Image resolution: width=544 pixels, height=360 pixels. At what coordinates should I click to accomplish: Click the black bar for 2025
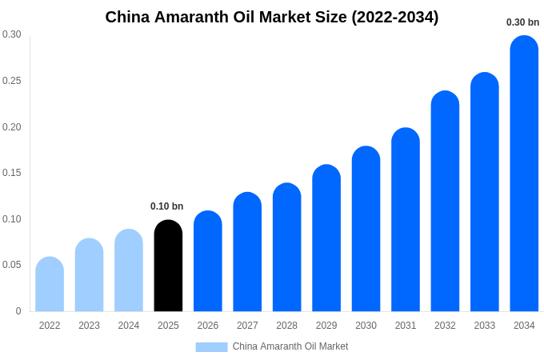(x=168, y=266)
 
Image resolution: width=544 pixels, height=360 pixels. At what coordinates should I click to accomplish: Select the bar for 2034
(x=524, y=174)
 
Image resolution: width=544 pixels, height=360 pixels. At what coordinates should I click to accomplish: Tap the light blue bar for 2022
(x=50, y=285)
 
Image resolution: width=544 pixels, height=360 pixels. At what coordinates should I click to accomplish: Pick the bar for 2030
(x=366, y=230)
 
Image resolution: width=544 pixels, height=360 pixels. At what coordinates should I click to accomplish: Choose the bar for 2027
(x=247, y=253)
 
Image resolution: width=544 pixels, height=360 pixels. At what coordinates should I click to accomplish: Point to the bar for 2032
(x=445, y=202)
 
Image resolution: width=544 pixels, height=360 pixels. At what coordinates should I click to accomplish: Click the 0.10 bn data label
(x=167, y=206)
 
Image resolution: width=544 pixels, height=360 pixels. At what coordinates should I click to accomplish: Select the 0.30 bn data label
(x=523, y=22)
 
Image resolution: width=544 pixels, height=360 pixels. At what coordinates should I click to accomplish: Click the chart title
(x=272, y=17)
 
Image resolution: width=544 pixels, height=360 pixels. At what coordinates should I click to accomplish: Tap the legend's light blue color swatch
(x=211, y=347)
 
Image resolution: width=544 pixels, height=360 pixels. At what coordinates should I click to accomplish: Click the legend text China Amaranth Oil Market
(x=290, y=346)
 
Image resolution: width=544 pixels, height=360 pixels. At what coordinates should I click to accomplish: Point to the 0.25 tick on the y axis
(x=12, y=81)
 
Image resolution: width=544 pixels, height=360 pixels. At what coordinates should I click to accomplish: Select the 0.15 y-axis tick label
(x=12, y=173)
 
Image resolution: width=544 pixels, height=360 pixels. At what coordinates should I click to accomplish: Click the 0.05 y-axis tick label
(x=12, y=265)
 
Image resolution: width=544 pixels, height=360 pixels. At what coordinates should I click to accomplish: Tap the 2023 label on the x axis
(x=89, y=326)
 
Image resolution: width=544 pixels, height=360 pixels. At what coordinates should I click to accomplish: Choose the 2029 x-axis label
(x=326, y=326)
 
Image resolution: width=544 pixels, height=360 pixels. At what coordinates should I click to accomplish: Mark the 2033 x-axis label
(x=485, y=326)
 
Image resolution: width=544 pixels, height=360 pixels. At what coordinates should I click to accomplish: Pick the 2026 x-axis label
(x=208, y=326)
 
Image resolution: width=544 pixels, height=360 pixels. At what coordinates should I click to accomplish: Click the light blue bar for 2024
(x=129, y=271)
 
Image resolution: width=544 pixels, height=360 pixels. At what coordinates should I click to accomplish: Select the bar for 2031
(x=406, y=220)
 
